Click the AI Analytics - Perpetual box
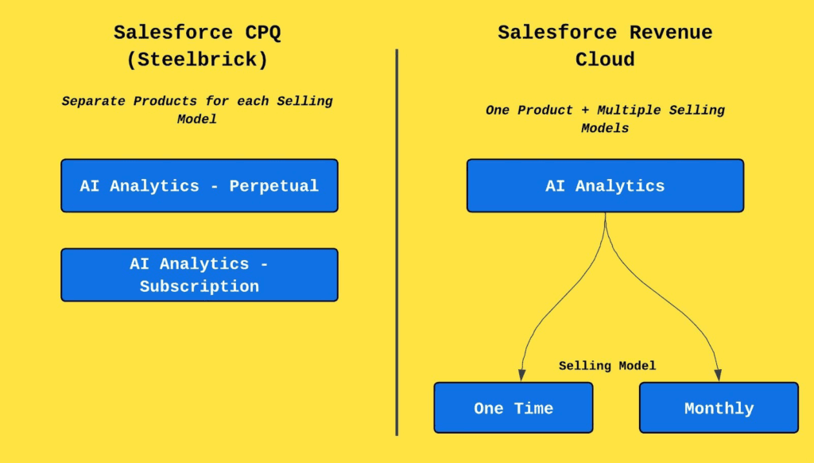200,185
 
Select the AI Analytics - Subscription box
200,275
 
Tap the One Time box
514,408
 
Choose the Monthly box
719,408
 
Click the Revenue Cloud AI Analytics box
605,185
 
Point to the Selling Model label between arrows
607,366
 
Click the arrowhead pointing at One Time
521,375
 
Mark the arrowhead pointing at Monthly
718,375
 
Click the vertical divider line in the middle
397,242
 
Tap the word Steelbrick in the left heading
197,60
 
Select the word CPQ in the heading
262,33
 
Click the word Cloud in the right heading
605,60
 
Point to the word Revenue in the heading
671,33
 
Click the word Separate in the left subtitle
93,101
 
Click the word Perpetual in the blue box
273,186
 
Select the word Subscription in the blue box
200,286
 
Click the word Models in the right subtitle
605,128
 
